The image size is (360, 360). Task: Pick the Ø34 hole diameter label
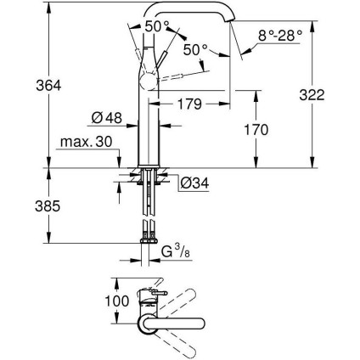point(193,182)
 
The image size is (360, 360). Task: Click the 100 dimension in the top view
point(116,300)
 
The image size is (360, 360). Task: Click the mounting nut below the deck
point(149,181)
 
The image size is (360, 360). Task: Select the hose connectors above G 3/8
point(149,230)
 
